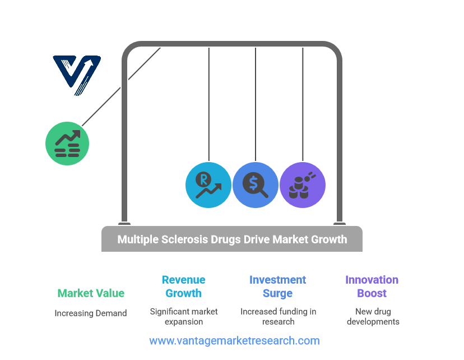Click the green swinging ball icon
[x=67, y=143]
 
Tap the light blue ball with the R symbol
[x=208, y=184]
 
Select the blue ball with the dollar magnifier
[x=256, y=184]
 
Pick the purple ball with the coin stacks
[x=303, y=184]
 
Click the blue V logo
[x=77, y=75]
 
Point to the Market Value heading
[x=91, y=293]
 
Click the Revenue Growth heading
[x=184, y=286]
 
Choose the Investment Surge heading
[x=277, y=286]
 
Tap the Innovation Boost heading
[x=372, y=286]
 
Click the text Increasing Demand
[x=91, y=313]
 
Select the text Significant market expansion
[x=184, y=316]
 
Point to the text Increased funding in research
[x=278, y=316]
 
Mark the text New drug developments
[x=373, y=316]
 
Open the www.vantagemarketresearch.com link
[x=234, y=341]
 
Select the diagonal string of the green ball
[x=120, y=86]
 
